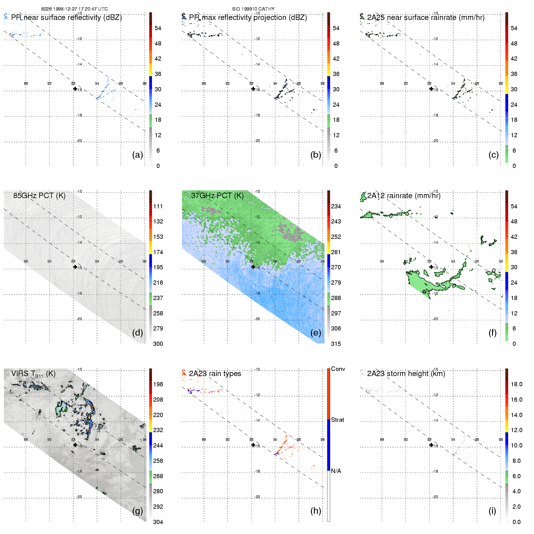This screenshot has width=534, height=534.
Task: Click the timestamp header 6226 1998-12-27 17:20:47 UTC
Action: point(74,9)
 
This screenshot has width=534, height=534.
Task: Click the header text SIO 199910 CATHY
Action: point(253,9)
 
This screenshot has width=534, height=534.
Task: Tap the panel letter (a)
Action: point(137,155)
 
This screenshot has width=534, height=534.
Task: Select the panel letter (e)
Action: point(315,333)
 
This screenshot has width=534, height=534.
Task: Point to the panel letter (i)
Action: point(492,511)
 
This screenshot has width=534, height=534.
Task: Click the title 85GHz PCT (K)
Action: point(39,196)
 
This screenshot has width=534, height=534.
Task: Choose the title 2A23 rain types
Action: point(215,374)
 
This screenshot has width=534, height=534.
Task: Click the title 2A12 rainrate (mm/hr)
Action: point(404,196)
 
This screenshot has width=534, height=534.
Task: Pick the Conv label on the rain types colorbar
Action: point(338,369)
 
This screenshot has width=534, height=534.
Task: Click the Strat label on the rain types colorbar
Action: point(337,420)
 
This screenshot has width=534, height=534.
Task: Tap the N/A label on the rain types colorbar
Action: point(336,471)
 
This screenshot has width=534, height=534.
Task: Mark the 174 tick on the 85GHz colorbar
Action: point(158,252)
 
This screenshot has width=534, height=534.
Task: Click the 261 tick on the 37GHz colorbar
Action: point(336,252)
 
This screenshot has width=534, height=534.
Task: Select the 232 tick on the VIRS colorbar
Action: point(158,430)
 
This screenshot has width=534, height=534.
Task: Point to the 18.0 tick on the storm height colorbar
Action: point(516,384)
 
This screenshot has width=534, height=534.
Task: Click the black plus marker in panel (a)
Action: point(75,89)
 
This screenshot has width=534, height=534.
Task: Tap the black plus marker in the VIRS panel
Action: point(75,445)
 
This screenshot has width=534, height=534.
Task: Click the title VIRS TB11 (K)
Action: point(33,374)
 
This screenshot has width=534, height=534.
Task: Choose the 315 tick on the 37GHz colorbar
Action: point(336,344)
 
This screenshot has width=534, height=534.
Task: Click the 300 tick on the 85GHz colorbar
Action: point(158,344)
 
